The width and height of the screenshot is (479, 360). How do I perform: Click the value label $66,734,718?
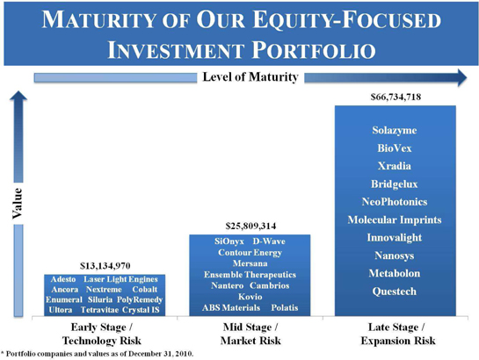(396, 97)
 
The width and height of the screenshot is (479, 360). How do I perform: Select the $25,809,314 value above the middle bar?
(250, 226)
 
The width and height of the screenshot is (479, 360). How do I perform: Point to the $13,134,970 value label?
(105, 266)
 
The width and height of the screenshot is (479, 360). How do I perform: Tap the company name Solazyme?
(395, 130)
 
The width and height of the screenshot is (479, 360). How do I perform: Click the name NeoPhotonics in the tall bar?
(395, 202)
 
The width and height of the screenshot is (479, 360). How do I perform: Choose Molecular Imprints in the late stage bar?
(395, 220)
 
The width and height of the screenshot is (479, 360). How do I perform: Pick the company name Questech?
(395, 292)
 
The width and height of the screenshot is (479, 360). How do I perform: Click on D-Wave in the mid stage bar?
(269, 241)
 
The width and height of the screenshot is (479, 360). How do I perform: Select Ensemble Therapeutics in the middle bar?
(250, 275)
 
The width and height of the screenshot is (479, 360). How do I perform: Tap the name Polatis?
(285, 307)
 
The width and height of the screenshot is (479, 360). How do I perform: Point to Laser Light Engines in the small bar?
(120, 279)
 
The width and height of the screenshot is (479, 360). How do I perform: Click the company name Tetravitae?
(99, 310)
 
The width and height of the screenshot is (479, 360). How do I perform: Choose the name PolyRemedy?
(140, 299)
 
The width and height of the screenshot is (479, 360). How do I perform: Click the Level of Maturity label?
(250, 77)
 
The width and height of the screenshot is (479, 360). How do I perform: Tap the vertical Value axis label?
(18, 203)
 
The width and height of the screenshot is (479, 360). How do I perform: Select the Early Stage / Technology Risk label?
(102, 334)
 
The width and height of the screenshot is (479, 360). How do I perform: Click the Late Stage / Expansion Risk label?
(398, 334)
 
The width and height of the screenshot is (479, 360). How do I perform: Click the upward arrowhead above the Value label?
(18, 96)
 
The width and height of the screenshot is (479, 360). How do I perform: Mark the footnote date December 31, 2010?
(161, 354)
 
